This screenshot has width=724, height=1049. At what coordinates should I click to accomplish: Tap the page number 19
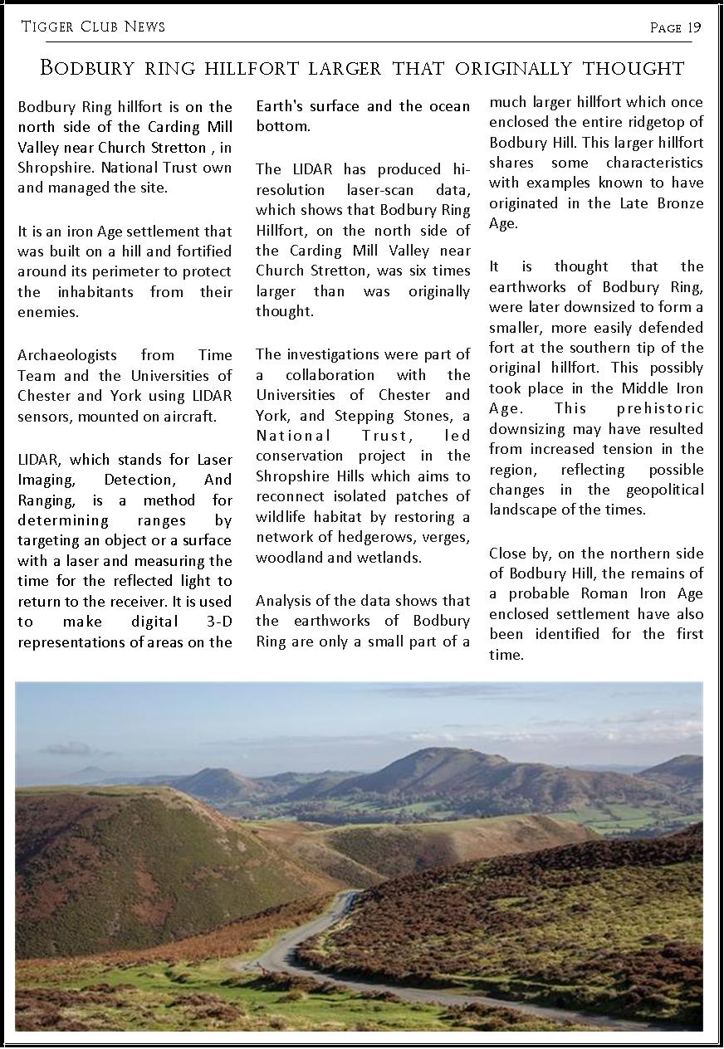[693, 27]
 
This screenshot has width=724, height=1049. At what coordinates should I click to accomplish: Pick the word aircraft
[189, 417]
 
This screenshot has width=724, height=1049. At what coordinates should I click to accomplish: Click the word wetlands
[389, 558]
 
